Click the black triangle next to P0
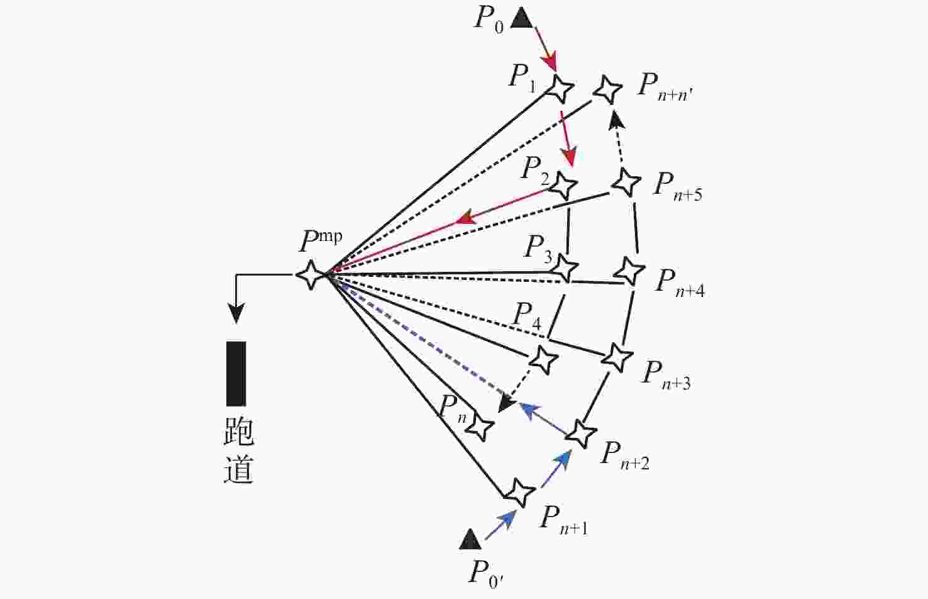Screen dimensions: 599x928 pos(521,18)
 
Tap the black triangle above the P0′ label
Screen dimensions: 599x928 pos(470,540)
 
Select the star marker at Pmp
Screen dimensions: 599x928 pos(311,274)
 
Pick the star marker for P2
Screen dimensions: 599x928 pos(564,184)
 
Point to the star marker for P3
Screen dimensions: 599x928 pos(565,267)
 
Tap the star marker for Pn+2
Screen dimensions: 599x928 pos(582,433)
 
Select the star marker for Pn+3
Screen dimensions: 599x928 pos(617,357)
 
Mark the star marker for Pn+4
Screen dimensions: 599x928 pos(628,271)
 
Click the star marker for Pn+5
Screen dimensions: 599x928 pos(626,182)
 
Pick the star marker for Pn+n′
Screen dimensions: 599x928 pos(607,89)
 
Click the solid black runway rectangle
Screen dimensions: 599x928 pos(236,373)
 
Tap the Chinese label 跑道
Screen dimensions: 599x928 pos(238,451)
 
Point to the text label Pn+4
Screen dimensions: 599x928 pos(680,282)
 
